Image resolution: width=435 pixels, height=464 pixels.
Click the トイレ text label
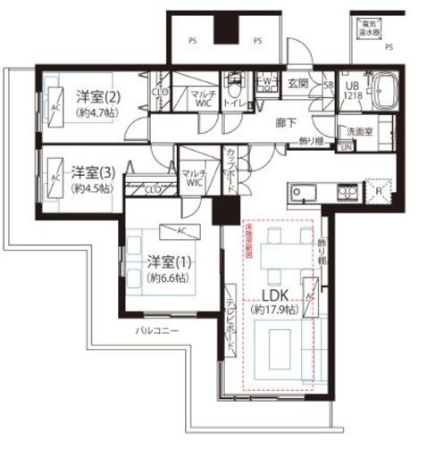236,102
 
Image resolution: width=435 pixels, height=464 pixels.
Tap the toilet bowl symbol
236,87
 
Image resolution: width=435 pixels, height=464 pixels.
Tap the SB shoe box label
327,85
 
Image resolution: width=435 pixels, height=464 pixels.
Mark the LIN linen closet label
346,146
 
